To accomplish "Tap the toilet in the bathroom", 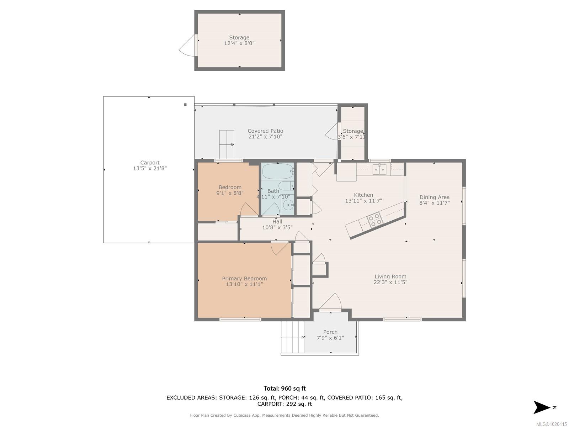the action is click(x=286, y=186).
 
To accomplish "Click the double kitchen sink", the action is click(x=379, y=170).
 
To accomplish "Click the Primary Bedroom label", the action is click(x=244, y=279).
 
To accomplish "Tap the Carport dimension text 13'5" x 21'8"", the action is click(x=150, y=168).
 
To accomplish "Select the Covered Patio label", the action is click(x=265, y=131).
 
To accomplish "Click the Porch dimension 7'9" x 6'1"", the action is click(x=330, y=338).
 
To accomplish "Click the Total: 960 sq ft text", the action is click(x=284, y=388).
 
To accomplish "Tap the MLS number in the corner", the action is click(x=551, y=424).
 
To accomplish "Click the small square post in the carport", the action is click(x=185, y=105).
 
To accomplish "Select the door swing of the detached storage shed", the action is click(x=187, y=46).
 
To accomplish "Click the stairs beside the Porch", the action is click(x=293, y=337).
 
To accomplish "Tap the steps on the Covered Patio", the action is click(x=227, y=144).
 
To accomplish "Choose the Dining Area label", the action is click(x=435, y=197).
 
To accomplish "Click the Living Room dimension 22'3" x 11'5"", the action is click(x=390, y=282).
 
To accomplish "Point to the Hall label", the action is click(x=277, y=222).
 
